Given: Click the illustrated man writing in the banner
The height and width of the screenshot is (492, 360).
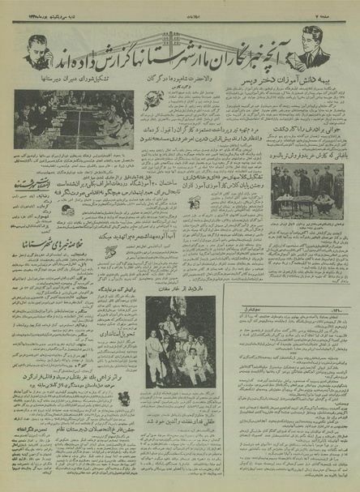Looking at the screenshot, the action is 312,49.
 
